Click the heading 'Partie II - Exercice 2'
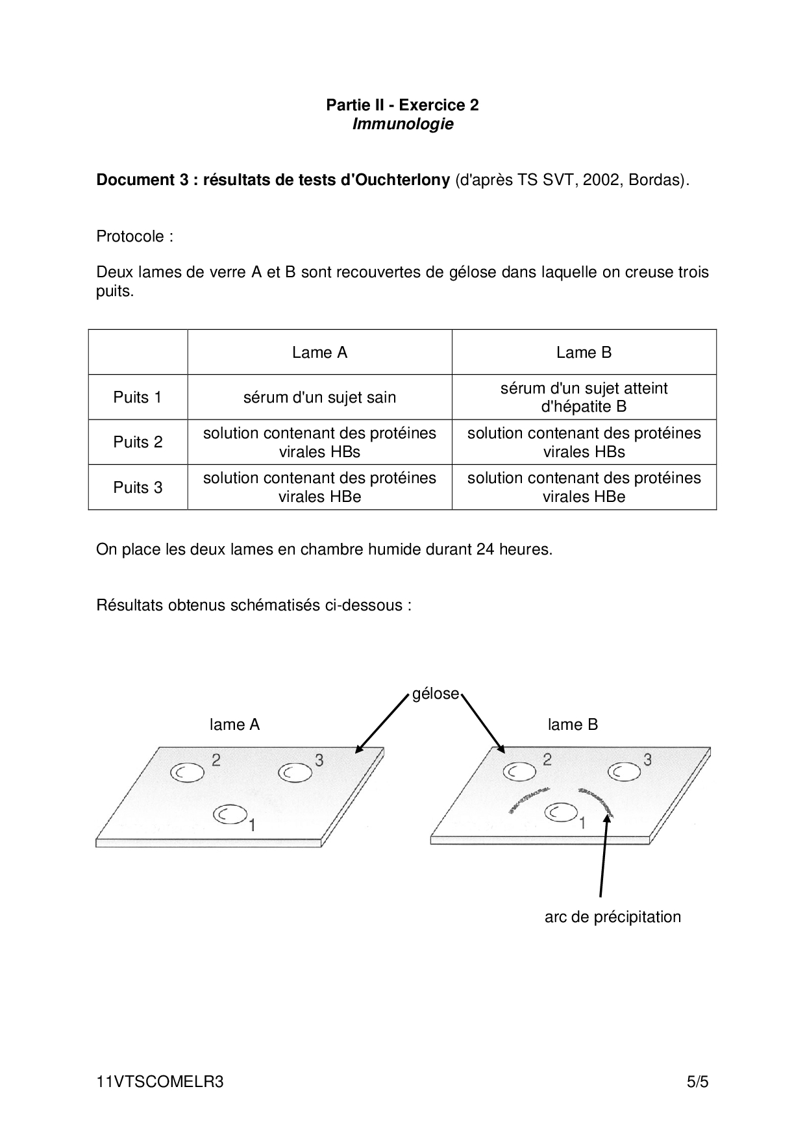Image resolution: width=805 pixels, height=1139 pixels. click(x=402, y=105)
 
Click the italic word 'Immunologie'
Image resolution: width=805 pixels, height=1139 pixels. click(x=402, y=124)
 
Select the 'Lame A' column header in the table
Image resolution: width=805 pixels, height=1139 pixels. click(x=319, y=353)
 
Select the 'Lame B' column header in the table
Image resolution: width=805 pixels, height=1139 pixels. click(x=584, y=353)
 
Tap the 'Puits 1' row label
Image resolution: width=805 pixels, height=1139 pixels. click(x=138, y=397)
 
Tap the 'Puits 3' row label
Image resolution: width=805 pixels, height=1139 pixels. click(x=138, y=488)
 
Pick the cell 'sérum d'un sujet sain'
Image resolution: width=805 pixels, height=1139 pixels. click(x=319, y=397)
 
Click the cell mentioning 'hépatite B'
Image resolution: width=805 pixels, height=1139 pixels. click(x=584, y=397)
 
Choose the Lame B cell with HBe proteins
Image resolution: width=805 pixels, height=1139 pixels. click(x=584, y=488)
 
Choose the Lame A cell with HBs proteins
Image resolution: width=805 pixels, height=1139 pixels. click(x=319, y=442)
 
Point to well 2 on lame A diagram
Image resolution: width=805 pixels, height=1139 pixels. click(x=187, y=771)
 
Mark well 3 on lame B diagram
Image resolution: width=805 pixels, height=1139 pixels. click(x=625, y=771)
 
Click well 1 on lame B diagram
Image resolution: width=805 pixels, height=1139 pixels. click(x=562, y=812)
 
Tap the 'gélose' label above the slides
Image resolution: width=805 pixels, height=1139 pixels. click(x=436, y=694)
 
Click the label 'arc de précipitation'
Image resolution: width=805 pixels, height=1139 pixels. click(x=612, y=917)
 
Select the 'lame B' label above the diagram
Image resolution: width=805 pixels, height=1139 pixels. click(x=573, y=725)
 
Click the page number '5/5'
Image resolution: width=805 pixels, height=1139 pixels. click(x=698, y=1082)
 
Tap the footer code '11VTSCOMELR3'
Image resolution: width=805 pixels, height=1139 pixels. click(x=160, y=1082)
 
